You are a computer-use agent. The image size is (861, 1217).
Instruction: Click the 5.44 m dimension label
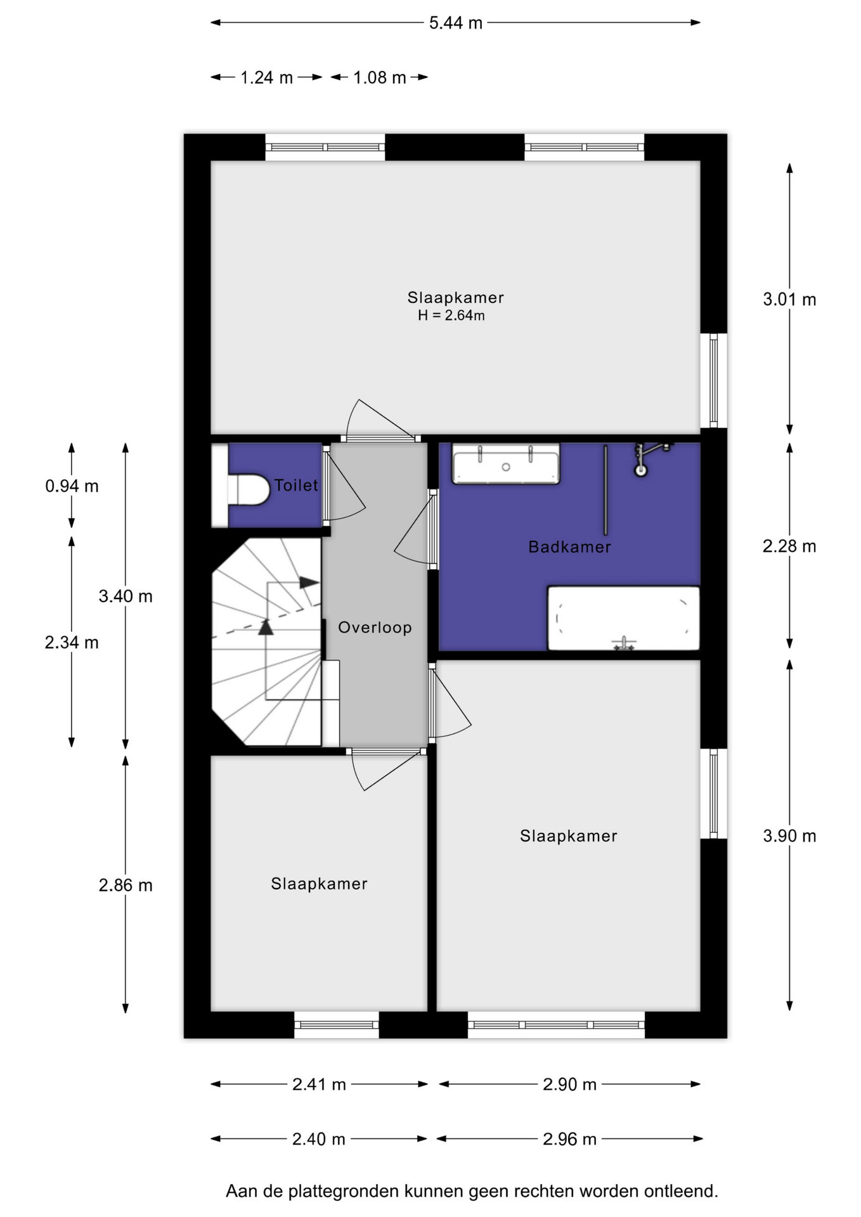pos(455,23)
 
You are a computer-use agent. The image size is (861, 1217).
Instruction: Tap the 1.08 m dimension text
pos(379,77)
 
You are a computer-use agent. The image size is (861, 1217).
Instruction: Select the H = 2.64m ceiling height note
pos(451,316)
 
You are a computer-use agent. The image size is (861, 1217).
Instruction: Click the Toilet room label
pos(295,486)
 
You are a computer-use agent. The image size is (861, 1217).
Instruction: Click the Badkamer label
pos(569,547)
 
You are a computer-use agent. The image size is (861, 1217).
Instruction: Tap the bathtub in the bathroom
pos(623,619)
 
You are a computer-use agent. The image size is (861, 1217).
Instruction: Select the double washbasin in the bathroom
pos(506,465)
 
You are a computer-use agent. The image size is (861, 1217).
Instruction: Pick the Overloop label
pos(375,628)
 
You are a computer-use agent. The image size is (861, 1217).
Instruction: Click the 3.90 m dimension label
pos(789,836)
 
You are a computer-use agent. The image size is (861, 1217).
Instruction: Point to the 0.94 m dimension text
pos(72,486)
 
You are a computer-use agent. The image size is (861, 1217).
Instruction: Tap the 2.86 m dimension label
pos(126,885)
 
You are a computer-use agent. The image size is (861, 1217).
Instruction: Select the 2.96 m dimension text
pos(569,1139)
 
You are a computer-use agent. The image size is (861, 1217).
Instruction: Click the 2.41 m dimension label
pos(319,1085)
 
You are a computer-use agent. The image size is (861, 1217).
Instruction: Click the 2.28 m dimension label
pos(789,546)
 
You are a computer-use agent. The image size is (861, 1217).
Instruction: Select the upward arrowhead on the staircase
pos(266,628)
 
